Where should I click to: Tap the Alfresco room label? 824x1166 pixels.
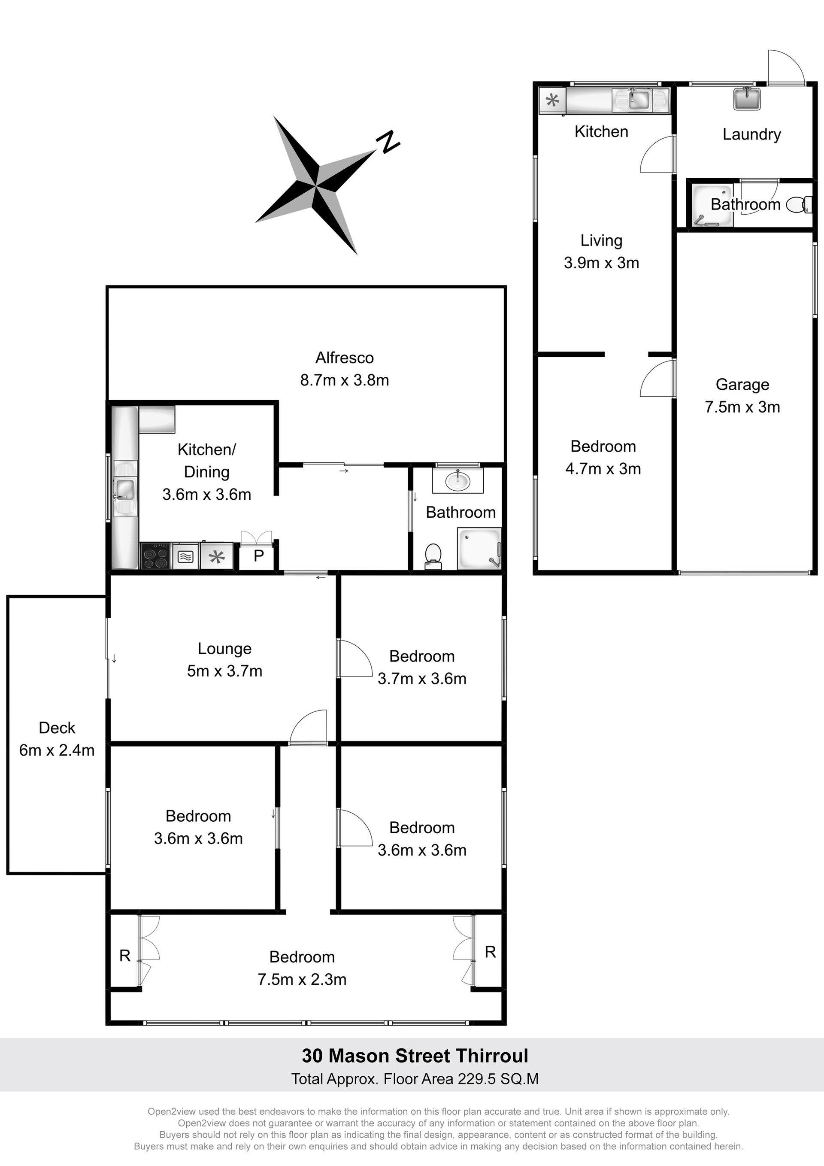[x=344, y=358]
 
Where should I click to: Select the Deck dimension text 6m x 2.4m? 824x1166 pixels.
[x=57, y=750]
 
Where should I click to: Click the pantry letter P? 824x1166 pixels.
[x=258, y=556]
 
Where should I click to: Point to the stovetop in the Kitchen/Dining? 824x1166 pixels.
[x=155, y=556]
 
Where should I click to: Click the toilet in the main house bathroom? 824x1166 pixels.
[x=433, y=556]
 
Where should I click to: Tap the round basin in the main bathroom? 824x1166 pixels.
[x=457, y=480]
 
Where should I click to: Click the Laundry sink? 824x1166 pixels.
[x=747, y=98]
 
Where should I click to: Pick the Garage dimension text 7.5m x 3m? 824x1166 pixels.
[x=742, y=407]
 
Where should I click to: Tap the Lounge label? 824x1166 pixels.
[x=224, y=649]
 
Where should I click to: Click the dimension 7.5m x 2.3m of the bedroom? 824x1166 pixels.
[x=302, y=979]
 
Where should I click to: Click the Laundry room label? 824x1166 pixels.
[x=751, y=134]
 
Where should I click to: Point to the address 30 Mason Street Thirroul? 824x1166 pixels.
[x=415, y=1056]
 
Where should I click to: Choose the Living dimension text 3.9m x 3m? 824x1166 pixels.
[x=601, y=263]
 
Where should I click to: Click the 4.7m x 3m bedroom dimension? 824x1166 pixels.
[x=603, y=468]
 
